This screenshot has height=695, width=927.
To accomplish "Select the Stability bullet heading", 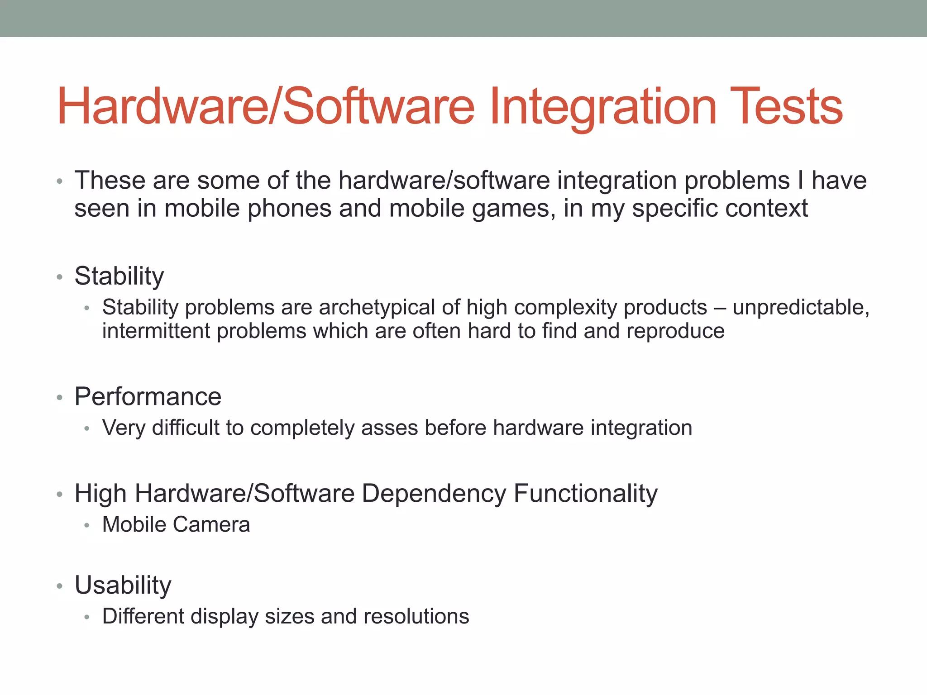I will [x=119, y=276].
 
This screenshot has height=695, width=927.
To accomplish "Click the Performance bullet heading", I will [x=148, y=397].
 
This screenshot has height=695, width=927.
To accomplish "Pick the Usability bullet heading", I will [x=123, y=585].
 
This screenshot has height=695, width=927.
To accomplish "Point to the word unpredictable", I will [x=800, y=308].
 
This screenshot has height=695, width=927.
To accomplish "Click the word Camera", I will [x=211, y=525].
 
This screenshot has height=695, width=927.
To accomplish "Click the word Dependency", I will [x=434, y=494].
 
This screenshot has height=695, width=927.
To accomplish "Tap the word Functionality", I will [x=585, y=494].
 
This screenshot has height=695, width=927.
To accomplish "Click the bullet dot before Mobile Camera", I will [x=87, y=526].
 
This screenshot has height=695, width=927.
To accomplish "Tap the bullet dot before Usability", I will [x=59, y=586].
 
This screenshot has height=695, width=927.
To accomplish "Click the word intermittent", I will [x=156, y=331].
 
